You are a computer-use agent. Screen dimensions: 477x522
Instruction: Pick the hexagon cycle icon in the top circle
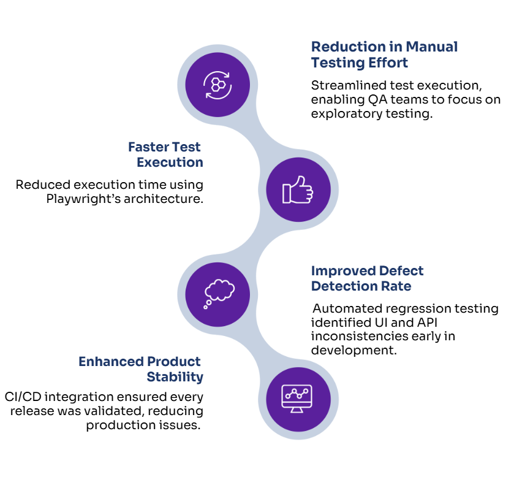(218, 85)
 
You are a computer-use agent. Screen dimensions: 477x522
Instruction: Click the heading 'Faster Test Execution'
(165, 155)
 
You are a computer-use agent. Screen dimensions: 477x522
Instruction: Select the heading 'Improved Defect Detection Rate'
(367, 278)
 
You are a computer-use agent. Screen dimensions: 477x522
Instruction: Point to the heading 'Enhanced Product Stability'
(140, 369)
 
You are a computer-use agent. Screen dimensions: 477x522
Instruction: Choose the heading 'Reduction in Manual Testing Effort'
(384, 55)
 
